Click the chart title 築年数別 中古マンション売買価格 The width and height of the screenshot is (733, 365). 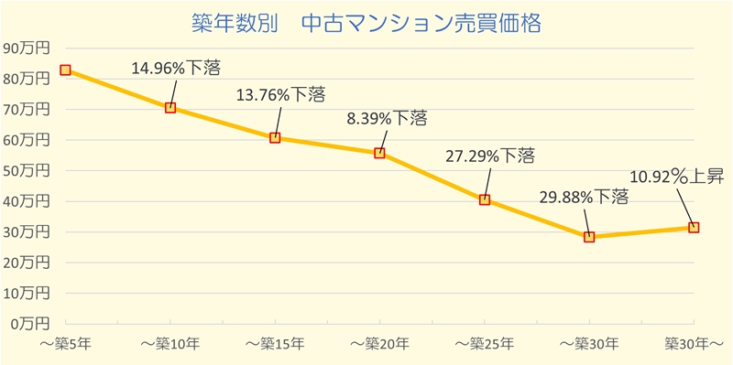[x=366, y=21]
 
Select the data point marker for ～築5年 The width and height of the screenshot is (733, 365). [x=65, y=70]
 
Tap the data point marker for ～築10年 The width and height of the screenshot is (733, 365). [x=170, y=108]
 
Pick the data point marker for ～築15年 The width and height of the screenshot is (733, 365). [x=275, y=138]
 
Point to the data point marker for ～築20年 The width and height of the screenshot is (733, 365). [x=379, y=153]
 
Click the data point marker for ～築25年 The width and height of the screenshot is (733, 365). [x=485, y=199]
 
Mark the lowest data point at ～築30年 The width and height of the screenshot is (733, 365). [x=589, y=236]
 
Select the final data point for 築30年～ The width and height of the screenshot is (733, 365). [x=694, y=227]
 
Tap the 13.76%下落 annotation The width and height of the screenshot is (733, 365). [x=280, y=95]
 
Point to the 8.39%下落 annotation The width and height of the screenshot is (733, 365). [x=387, y=119]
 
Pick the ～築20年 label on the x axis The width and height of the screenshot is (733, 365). [x=379, y=344]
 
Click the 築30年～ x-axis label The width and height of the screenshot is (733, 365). [x=694, y=344]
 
